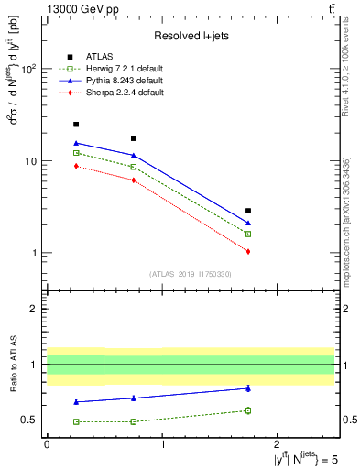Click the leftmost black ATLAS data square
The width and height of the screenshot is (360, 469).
[x=76, y=125]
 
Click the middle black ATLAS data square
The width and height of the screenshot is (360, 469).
[x=134, y=138]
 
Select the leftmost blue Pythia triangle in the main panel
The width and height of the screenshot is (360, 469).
[x=76, y=143]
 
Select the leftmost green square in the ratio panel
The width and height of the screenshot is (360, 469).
[x=76, y=421]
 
